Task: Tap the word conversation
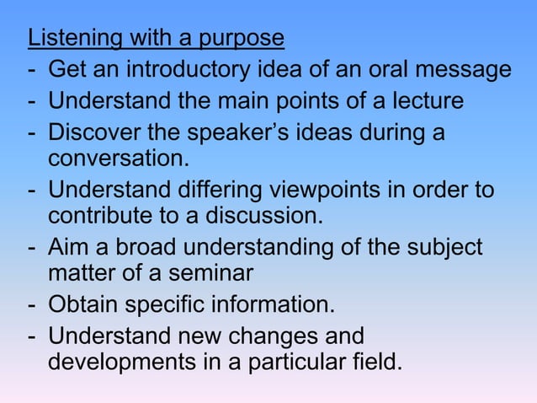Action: (117, 159)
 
